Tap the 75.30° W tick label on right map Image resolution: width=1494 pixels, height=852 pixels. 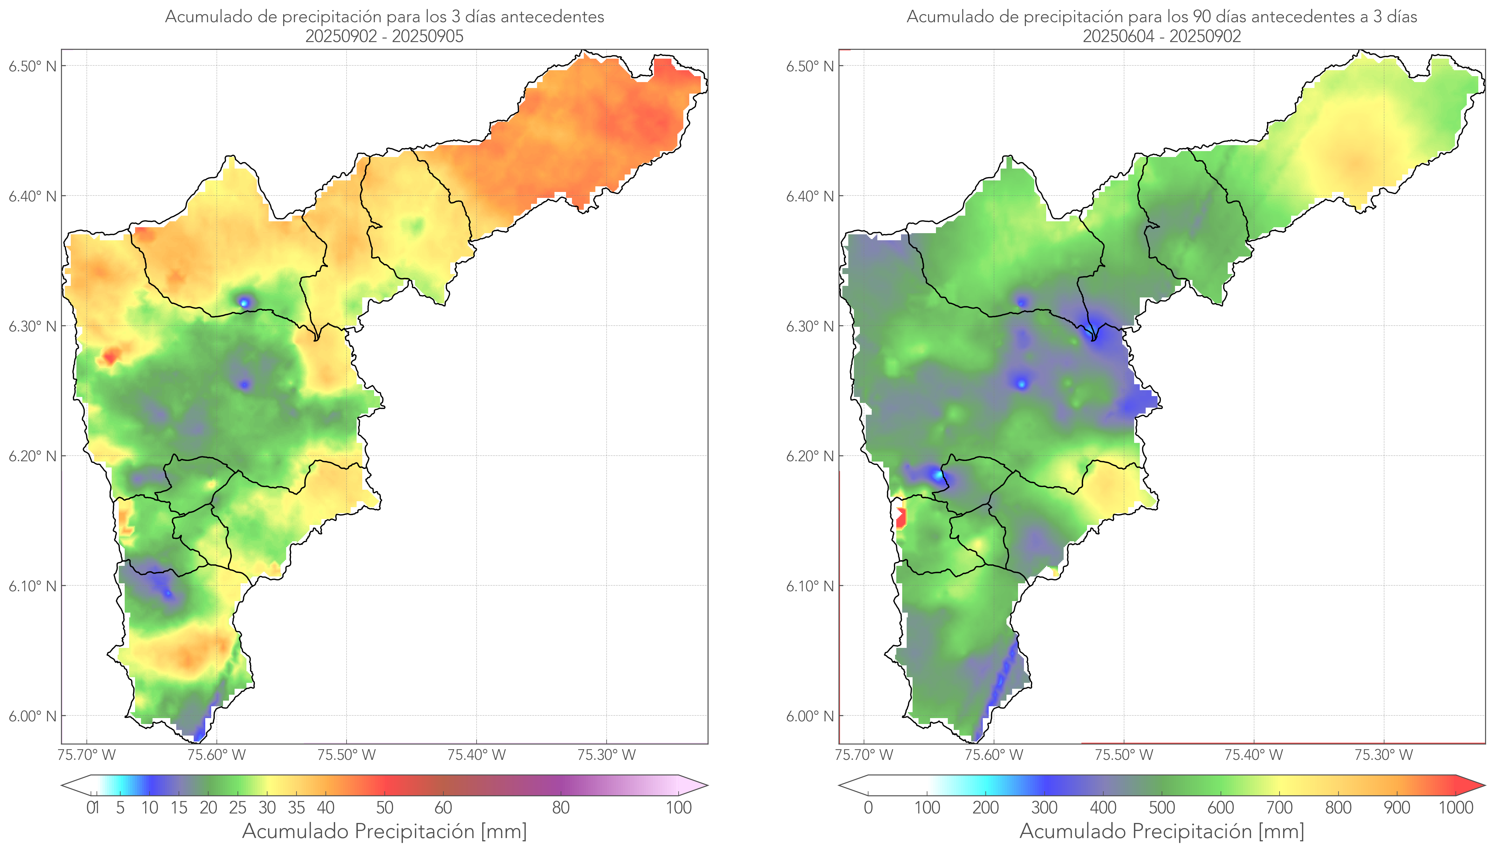coord(1384,755)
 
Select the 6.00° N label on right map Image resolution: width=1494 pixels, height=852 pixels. coord(810,716)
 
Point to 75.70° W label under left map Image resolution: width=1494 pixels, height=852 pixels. coord(86,755)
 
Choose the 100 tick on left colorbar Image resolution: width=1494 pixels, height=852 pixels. coord(679,808)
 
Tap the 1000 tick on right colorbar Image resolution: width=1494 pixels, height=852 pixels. coord(1455,808)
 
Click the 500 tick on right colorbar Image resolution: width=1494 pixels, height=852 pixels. coord(1162,808)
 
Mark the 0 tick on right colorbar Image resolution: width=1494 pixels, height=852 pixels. coord(868,808)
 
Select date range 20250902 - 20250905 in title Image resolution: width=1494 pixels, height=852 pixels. coord(384,36)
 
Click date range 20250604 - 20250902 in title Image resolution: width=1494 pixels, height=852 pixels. coord(1162,36)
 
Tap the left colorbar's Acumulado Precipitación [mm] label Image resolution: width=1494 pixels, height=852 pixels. coord(384,831)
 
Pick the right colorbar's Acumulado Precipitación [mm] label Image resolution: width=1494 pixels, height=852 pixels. coord(1162,831)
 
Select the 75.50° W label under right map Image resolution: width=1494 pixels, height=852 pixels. coord(1124,755)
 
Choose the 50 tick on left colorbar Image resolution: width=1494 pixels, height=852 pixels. coord(384,808)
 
